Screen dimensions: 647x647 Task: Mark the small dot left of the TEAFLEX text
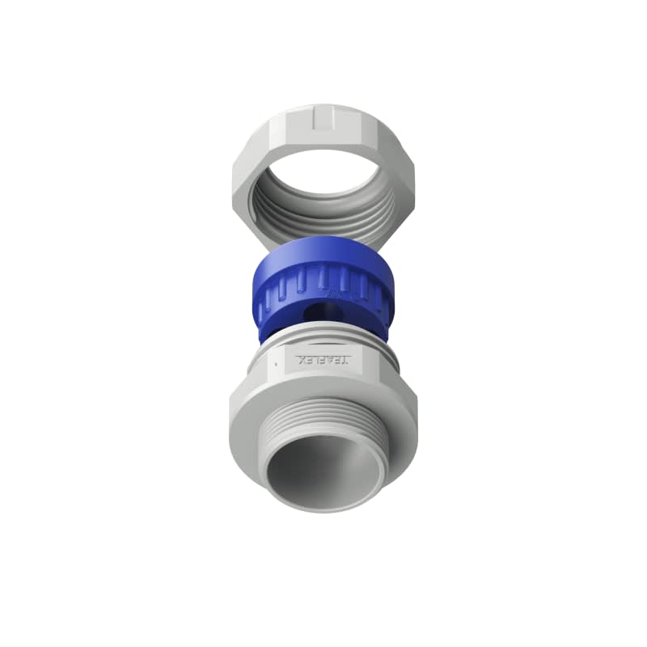pos(277,365)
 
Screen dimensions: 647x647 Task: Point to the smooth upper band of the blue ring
pos(323,255)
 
